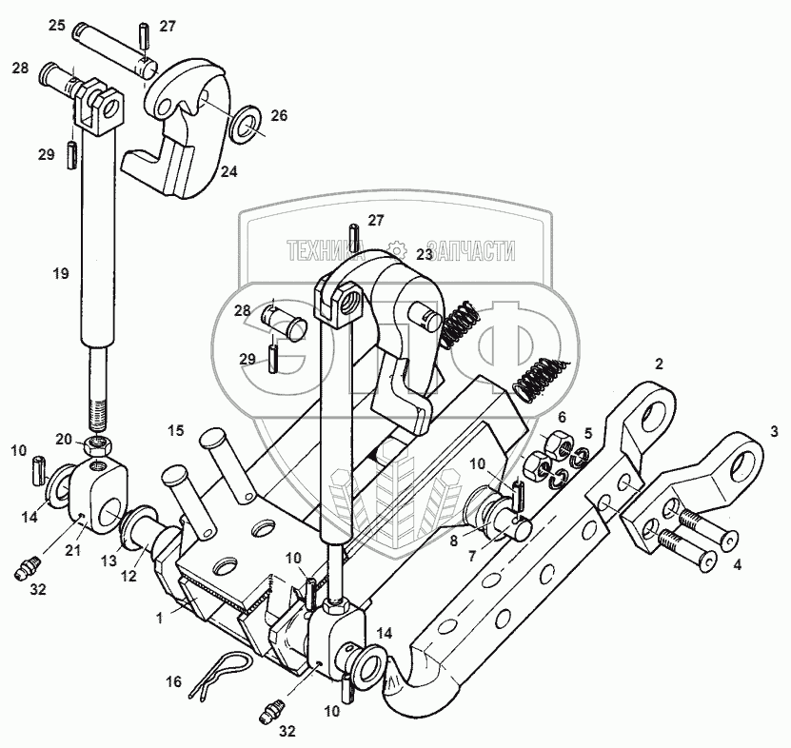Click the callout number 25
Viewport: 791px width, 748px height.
[x=57, y=25]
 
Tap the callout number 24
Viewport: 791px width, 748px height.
[x=229, y=172]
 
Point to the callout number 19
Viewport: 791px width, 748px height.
[x=60, y=274]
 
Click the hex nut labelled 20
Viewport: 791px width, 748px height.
[x=97, y=443]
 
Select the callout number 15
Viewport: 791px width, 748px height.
[x=176, y=431]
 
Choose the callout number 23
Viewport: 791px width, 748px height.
[x=424, y=253]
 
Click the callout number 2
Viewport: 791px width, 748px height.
[x=658, y=363]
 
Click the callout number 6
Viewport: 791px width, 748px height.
[x=562, y=417]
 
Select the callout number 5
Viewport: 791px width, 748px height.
[x=588, y=433]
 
